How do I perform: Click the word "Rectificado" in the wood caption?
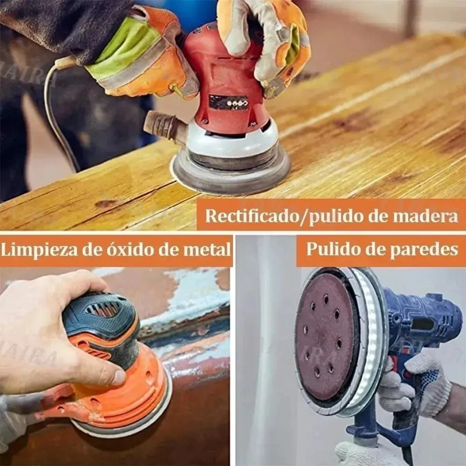pos(251,216)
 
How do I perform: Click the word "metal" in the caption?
pos(207,249)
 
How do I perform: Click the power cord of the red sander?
pos(58,113)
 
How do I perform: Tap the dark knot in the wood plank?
pos(105,203)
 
